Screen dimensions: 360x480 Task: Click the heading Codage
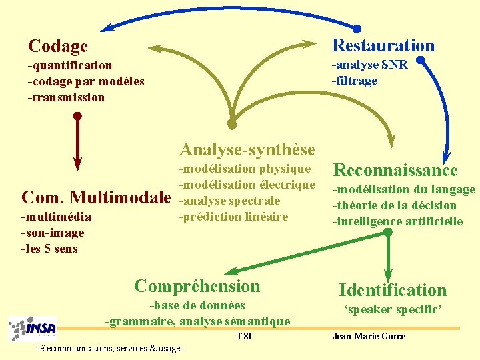click(x=58, y=46)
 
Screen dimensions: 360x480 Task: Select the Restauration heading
click(x=383, y=45)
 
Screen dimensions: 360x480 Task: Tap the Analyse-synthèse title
click(x=247, y=148)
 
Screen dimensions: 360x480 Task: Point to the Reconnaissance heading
click(x=395, y=170)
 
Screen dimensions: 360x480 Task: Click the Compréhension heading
click(x=197, y=286)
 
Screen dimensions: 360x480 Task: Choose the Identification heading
click(x=393, y=290)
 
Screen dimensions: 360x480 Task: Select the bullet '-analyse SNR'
click(x=370, y=65)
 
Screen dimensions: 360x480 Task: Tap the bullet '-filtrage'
click(x=355, y=81)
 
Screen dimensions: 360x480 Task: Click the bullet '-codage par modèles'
click(x=86, y=81)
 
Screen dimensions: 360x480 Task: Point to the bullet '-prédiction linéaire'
click(x=234, y=216)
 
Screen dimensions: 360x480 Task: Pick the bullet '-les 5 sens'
click(x=50, y=249)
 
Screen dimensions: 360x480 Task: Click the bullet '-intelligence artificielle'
click(x=398, y=221)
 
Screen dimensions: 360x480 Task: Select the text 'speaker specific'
click(x=393, y=309)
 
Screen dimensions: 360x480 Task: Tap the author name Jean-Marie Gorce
click(x=369, y=336)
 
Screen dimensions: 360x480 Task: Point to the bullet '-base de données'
click(x=198, y=305)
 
